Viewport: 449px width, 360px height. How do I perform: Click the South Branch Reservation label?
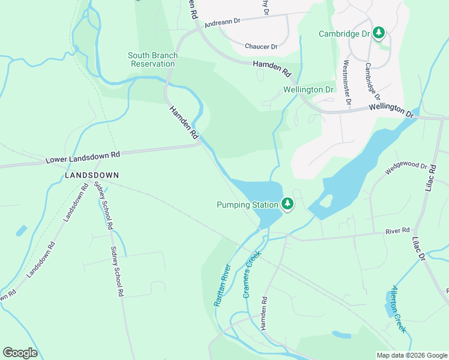(152, 59)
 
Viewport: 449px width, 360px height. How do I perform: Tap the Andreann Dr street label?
(222, 21)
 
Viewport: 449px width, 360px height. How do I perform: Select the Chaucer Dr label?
(261, 46)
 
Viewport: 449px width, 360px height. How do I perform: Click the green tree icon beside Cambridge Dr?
(379, 33)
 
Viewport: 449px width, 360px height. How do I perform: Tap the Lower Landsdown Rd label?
(83, 158)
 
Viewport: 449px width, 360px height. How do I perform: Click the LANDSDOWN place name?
(92, 175)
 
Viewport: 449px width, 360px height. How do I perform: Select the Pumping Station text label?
(247, 205)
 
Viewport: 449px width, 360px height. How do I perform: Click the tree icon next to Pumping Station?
(288, 205)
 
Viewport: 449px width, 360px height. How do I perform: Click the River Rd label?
(397, 230)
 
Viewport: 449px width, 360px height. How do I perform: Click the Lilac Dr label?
(418, 248)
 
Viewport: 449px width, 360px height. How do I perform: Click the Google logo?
(20, 353)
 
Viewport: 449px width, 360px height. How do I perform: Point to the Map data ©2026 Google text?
(411, 355)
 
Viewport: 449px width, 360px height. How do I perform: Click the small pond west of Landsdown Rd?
(22, 230)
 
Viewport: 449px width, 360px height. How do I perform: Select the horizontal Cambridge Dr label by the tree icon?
(344, 34)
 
